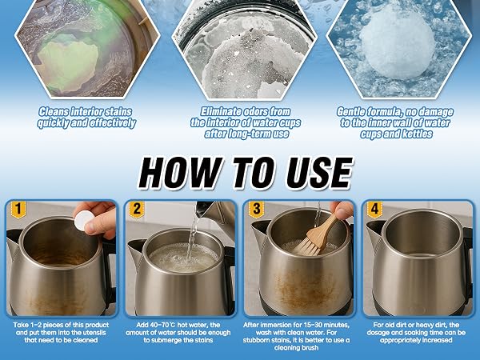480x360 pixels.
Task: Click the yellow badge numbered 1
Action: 18,210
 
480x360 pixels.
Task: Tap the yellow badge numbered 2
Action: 137,210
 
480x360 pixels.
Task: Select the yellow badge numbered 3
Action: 256,210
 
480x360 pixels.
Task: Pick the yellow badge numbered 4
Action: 374,210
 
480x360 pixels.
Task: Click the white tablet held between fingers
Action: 84,219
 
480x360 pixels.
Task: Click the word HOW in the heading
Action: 180,173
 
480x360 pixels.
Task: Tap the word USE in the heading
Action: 319,173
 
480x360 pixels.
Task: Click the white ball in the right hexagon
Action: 397,42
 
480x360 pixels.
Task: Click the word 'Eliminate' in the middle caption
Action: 221,111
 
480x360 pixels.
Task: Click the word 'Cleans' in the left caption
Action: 54,111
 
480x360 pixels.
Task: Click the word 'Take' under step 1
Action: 19,325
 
